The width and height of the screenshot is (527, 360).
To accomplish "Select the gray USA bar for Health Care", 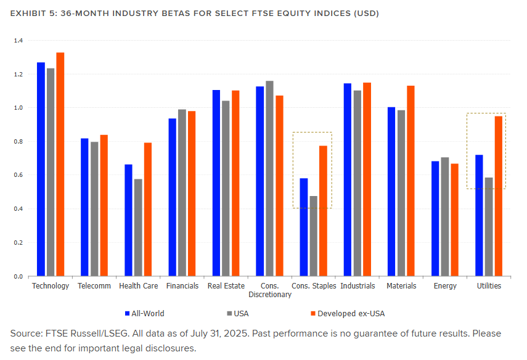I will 138,227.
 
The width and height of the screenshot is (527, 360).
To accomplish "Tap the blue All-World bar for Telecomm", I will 85,207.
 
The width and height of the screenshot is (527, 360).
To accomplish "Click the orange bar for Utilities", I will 498,196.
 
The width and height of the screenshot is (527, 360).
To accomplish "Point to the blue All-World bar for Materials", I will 391,192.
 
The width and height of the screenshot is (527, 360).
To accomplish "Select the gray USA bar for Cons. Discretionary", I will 269,178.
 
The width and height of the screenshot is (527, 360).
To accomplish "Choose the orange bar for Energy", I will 454,220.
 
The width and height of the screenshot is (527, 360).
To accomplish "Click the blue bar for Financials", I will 173,197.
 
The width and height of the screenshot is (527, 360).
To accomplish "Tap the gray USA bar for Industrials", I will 357,183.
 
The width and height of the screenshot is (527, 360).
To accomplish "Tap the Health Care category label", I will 138,286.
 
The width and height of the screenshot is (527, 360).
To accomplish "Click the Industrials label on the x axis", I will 357,286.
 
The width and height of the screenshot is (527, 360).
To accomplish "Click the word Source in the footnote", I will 26,333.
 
